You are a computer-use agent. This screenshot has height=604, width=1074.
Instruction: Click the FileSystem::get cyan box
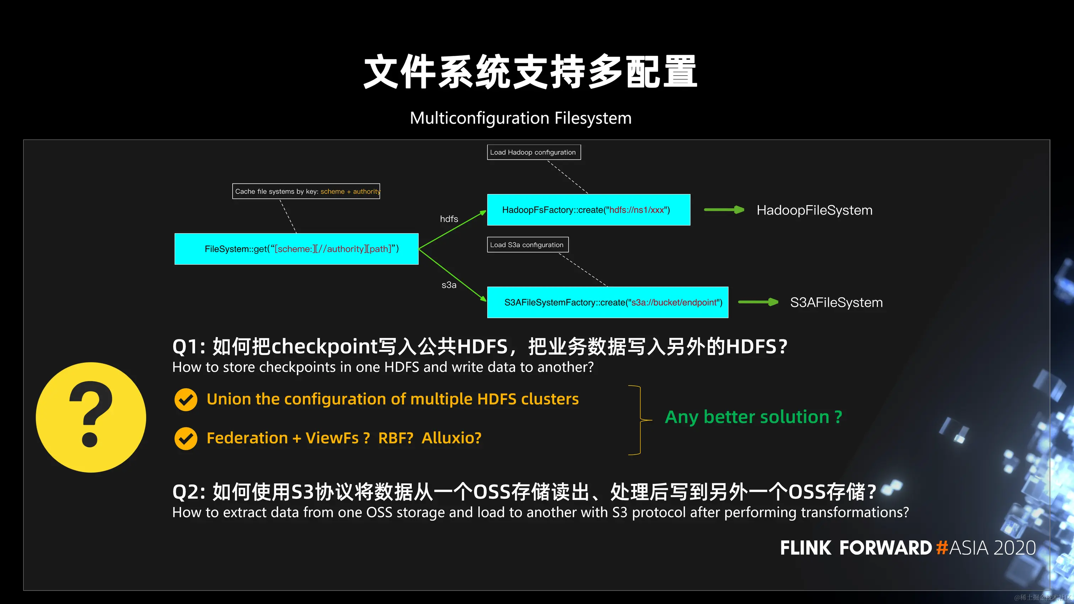(x=297, y=249)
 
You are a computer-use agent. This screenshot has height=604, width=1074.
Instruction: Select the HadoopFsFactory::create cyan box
(x=588, y=210)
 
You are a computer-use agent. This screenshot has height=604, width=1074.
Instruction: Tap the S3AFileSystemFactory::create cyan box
(x=607, y=302)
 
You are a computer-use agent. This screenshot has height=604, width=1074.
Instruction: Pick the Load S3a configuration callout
(x=527, y=245)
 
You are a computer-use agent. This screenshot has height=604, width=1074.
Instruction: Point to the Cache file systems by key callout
(x=306, y=191)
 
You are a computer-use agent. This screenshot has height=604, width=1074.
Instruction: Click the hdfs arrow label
(x=449, y=219)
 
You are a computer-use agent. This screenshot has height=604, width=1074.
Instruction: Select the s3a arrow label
(x=449, y=285)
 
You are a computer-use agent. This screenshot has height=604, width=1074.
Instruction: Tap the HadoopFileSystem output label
(x=814, y=210)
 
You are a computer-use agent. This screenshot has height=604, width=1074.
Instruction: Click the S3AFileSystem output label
(x=836, y=302)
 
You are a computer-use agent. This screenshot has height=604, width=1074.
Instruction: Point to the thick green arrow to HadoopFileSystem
(x=724, y=210)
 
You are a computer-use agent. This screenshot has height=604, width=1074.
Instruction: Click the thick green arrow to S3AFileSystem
(x=758, y=302)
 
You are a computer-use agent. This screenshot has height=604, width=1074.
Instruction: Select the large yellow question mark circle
(x=91, y=417)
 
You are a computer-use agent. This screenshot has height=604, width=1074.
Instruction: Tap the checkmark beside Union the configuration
(x=186, y=400)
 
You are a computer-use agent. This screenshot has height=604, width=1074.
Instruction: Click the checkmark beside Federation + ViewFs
(x=186, y=439)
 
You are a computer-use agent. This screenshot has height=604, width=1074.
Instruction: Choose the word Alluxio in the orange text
(x=451, y=438)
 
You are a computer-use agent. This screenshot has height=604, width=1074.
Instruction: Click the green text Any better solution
(x=753, y=417)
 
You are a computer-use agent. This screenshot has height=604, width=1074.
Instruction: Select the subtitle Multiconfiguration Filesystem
(x=520, y=118)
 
